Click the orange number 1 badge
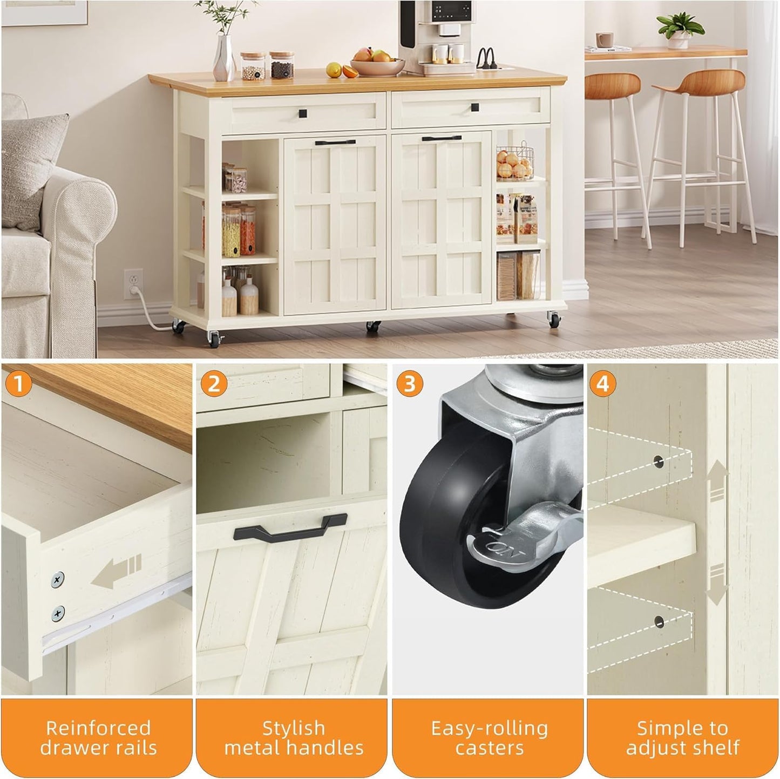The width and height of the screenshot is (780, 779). [19, 384]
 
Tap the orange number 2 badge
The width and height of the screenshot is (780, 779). [214, 384]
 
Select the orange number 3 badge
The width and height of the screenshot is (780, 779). [410, 384]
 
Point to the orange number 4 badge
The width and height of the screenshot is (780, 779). [603, 384]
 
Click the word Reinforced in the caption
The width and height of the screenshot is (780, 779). [98, 728]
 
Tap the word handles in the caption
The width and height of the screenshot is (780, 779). [332, 748]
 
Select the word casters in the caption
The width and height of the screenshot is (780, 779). [489, 748]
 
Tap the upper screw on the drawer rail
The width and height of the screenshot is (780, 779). [58, 580]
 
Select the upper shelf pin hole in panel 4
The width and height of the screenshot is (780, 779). [659, 461]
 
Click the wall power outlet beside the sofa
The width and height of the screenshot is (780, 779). [133, 283]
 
